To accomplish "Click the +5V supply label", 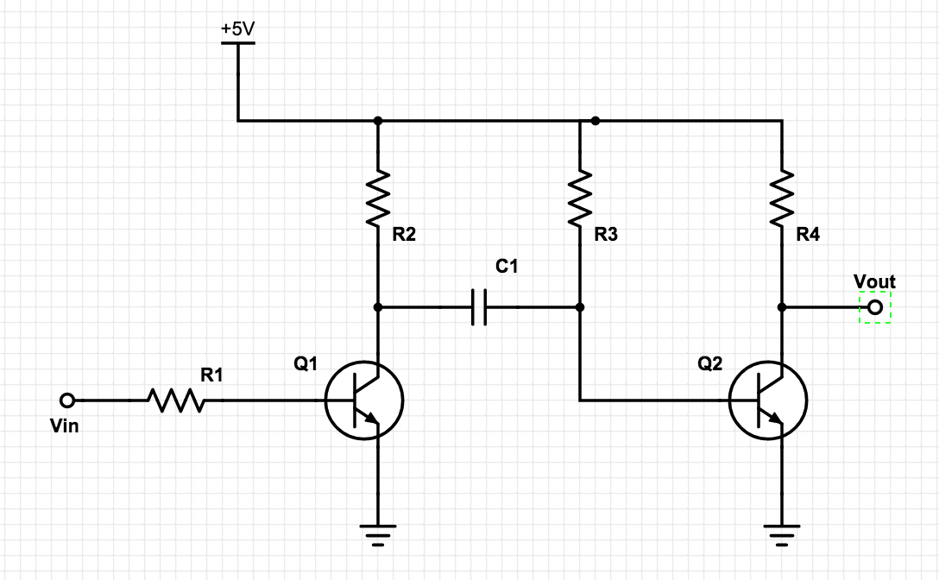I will point(238,28).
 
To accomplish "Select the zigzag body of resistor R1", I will point(175,400).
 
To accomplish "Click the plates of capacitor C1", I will point(480,307).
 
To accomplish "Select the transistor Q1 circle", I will point(364,400).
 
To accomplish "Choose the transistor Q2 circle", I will point(768,400).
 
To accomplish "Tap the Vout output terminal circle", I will point(875,307).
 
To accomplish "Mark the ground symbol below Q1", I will point(378,535).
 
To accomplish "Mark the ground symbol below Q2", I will point(782,535).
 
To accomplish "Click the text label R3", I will point(606,235).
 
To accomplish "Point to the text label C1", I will point(507,268).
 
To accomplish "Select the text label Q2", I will point(709,364).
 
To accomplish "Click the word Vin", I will point(65,426).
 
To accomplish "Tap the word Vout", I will point(874,281).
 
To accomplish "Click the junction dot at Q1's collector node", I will point(378,307).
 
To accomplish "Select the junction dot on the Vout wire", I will point(782,307).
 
